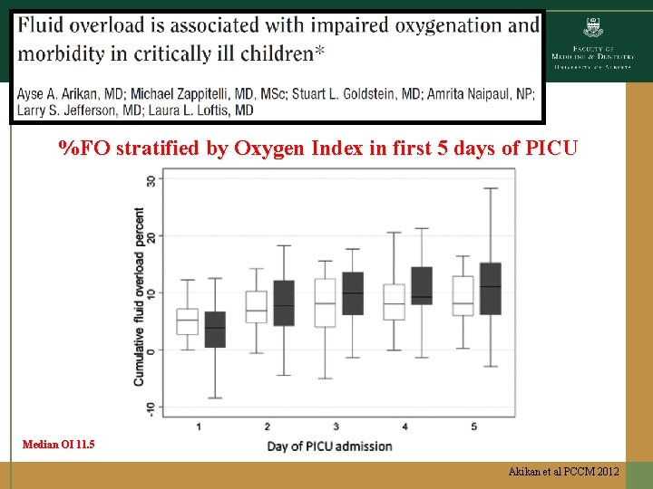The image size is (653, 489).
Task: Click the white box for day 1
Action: [187, 321]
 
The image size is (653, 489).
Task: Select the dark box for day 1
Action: [215, 330]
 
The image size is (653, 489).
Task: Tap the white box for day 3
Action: [325, 302]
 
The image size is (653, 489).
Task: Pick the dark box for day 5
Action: [490, 288]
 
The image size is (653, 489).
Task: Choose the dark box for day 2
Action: [284, 302]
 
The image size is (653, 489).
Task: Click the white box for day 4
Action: [394, 302]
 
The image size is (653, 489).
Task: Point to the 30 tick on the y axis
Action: [151, 179]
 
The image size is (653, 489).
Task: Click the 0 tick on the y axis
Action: [151, 350]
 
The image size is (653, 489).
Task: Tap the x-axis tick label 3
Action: [336, 427]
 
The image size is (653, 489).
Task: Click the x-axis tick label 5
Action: [474, 427]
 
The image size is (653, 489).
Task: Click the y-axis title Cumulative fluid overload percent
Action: [140, 297]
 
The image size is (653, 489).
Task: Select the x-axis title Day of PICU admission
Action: [330, 446]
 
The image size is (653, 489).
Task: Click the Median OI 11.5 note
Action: [59, 445]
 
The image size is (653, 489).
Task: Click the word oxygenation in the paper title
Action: [439, 25]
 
